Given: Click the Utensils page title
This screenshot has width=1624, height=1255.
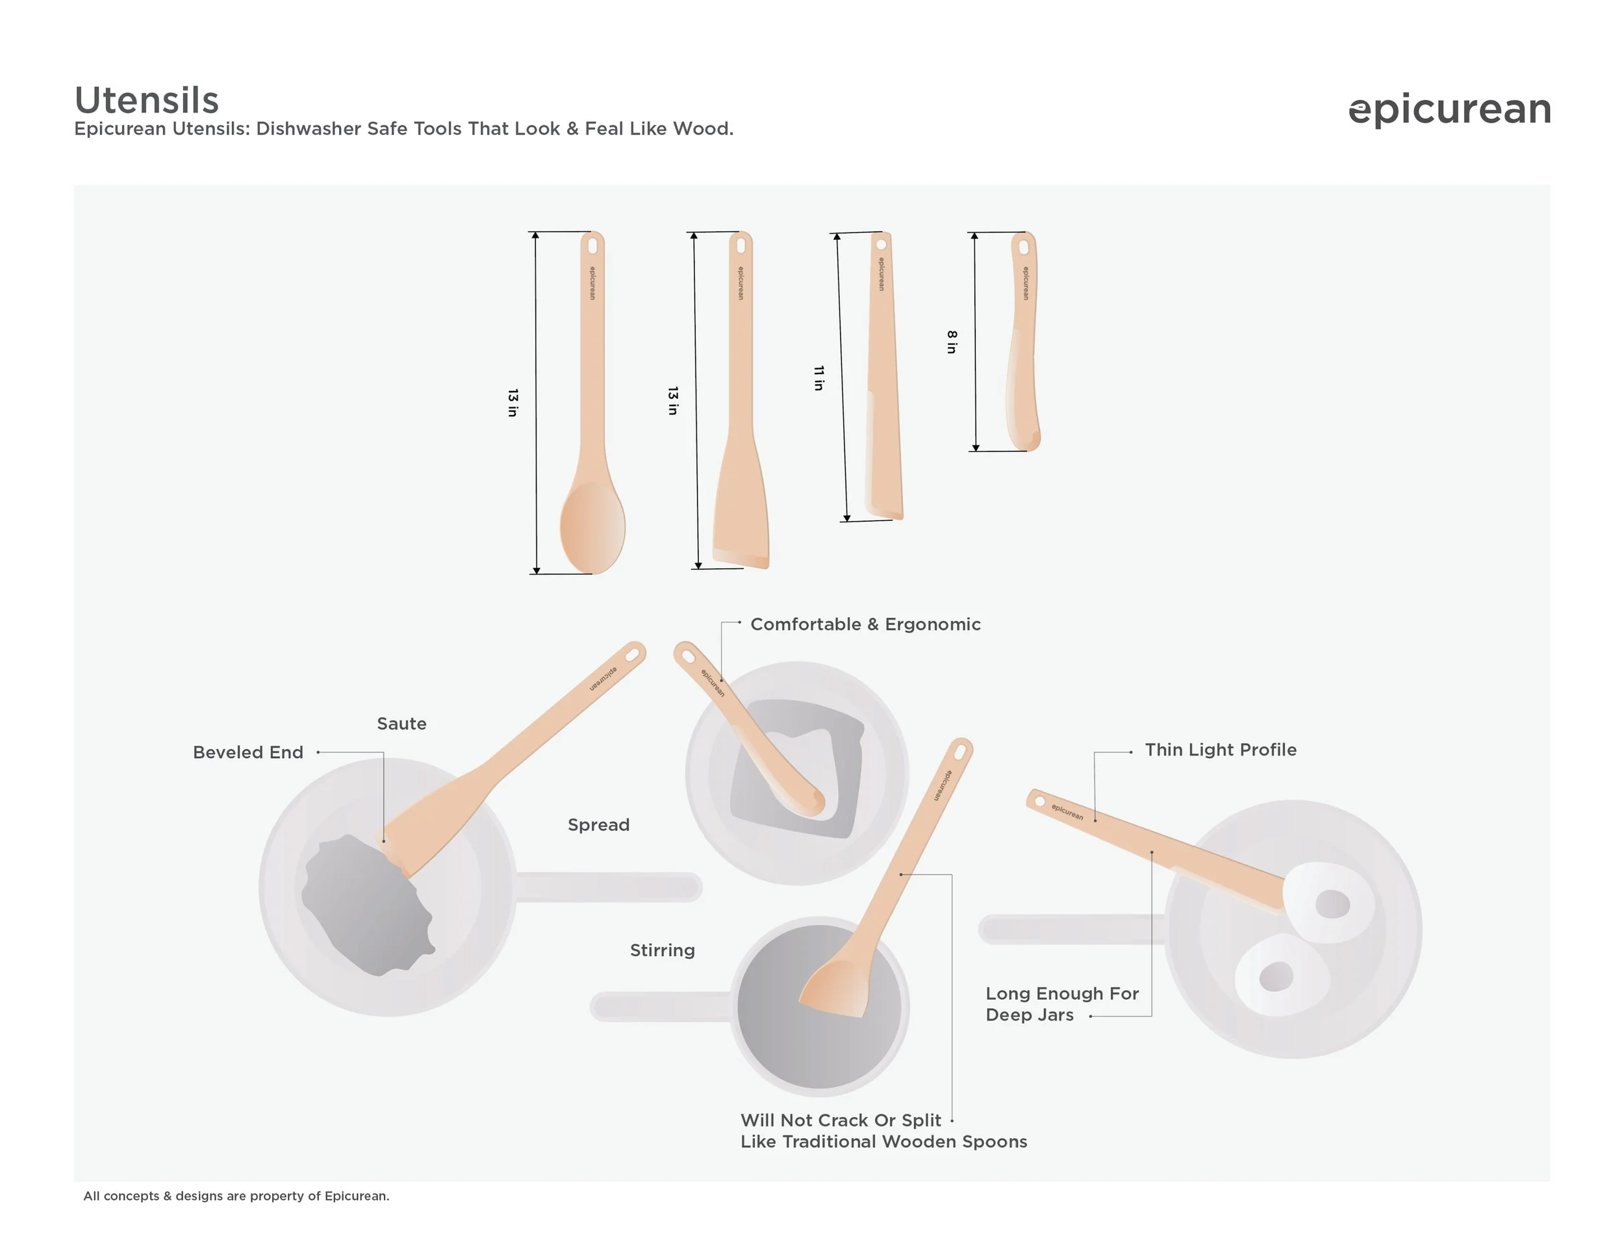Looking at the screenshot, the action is tap(147, 99).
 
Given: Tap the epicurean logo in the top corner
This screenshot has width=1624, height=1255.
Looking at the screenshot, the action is tap(1449, 110).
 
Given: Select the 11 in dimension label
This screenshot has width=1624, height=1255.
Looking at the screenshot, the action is tap(818, 377).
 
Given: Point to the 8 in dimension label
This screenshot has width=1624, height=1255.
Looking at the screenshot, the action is tap(952, 342).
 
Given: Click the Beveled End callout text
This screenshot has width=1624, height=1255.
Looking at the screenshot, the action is tap(247, 752).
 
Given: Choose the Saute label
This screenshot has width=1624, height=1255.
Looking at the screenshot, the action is tap(401, 724).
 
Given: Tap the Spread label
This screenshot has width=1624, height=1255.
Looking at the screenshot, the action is tap(598, 825).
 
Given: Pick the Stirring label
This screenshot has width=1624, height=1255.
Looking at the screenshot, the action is tap(663, 950).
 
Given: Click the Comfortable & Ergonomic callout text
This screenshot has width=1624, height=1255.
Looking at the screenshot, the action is tap(865, 624).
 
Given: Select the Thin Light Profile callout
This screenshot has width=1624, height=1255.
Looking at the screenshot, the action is tap(1220, 750).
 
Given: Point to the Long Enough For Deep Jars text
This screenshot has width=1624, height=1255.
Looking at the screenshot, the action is tap(1062, 1004).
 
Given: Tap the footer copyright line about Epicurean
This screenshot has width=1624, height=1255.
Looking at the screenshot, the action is tap(236, 1195).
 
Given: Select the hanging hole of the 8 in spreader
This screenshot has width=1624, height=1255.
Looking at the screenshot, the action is tap(1024, 247).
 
